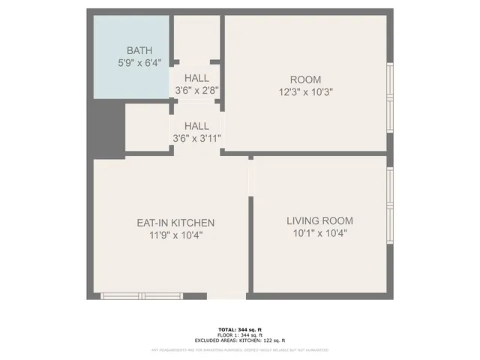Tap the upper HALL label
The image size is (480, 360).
(196, 78)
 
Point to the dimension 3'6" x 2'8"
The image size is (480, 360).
(196, 90)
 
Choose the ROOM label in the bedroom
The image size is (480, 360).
(305, 79)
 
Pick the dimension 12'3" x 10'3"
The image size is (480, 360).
(305, 91)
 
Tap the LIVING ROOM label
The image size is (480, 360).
(319, 220)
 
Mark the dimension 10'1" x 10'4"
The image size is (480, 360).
(319, 233)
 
